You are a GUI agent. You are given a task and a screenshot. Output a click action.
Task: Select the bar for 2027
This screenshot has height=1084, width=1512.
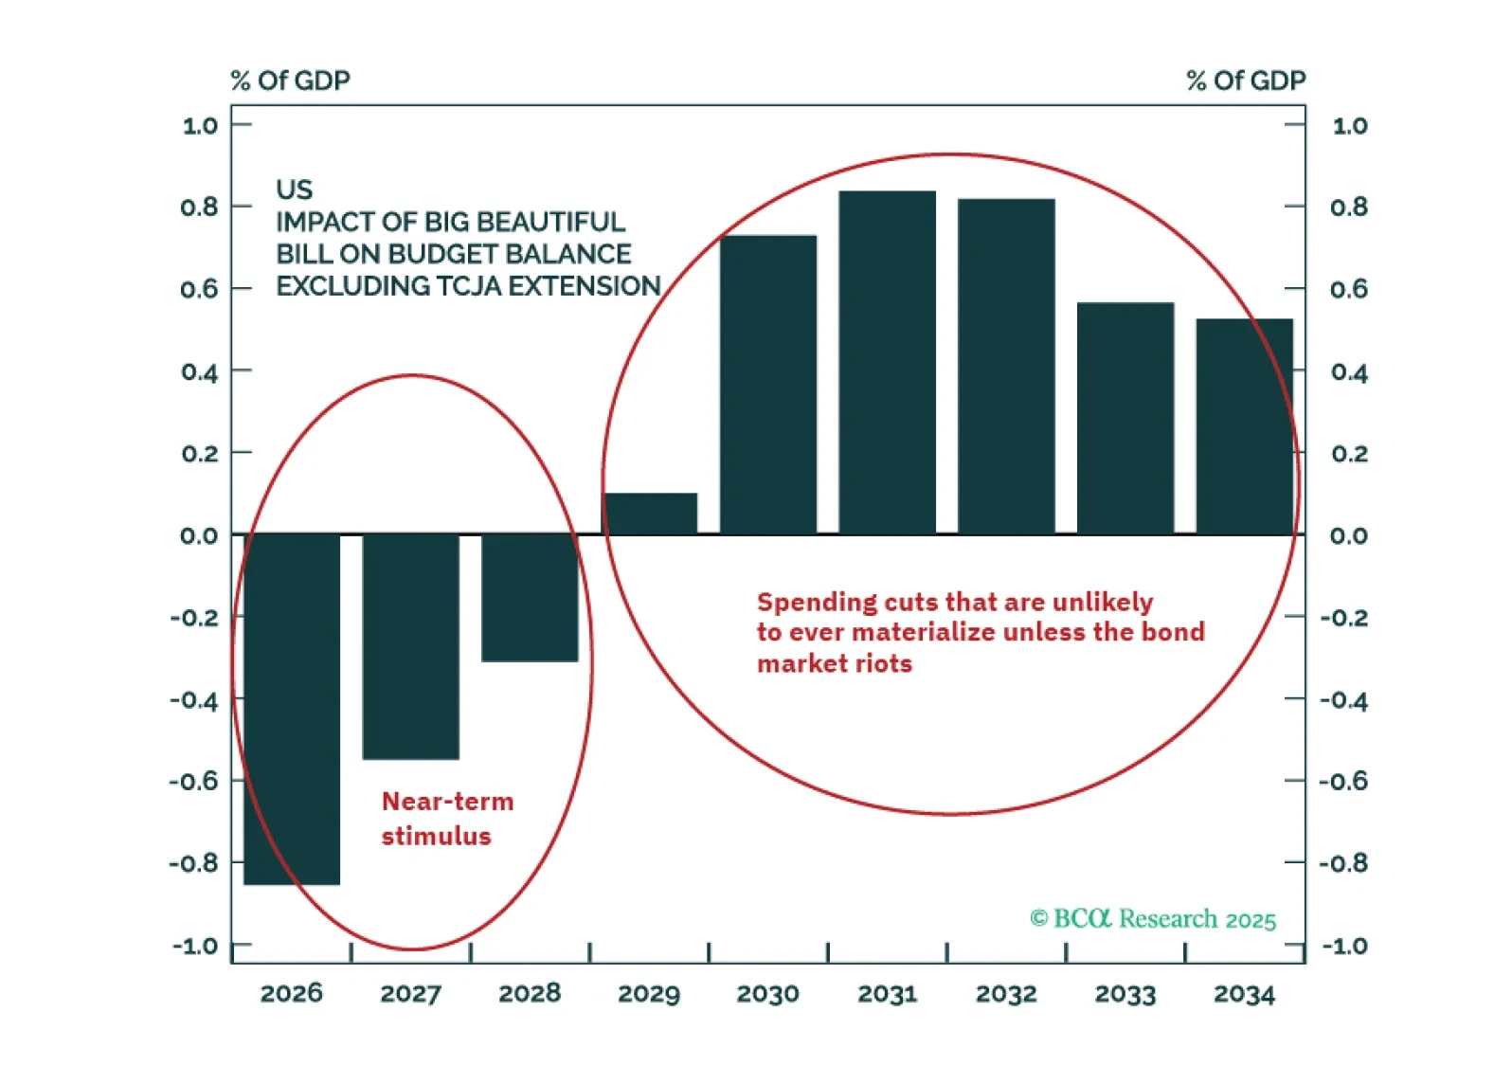coord(411,646)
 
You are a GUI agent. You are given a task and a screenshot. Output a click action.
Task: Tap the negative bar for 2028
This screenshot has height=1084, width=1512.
coord(530,598)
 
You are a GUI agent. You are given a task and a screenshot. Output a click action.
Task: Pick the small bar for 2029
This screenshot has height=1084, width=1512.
coord(650,514)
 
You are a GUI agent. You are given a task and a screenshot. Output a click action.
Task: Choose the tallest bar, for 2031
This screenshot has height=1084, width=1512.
coord(888,362)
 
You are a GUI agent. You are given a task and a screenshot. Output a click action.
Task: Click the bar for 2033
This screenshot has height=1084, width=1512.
coord(1125,418)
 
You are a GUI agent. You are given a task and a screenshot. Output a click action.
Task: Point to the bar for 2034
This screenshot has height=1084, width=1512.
coord(1244,426)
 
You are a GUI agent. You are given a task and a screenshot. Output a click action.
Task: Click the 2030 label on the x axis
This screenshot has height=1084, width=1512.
coord(768,994)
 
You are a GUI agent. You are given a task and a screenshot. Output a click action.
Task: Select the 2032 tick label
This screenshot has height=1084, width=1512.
coord(1006,994)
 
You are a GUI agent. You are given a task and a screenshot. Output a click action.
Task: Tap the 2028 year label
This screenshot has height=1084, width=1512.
coord(530,994)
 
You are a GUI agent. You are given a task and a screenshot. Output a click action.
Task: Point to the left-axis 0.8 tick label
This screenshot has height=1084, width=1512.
coord(199,207)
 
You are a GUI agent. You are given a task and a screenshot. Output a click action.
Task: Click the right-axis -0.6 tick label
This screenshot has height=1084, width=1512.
coord(1344,782)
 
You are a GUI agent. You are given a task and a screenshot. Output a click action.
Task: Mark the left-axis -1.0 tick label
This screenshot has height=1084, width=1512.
coord(195,946)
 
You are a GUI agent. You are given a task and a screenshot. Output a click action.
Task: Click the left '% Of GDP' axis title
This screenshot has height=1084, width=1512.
coord(290,81)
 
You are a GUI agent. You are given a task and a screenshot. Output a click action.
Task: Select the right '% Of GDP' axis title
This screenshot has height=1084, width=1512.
coord(1246,81)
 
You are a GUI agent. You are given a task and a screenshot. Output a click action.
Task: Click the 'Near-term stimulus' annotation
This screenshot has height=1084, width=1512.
coord(447,819)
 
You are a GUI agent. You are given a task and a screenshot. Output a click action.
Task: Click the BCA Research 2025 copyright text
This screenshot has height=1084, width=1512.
coord(1153,919)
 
